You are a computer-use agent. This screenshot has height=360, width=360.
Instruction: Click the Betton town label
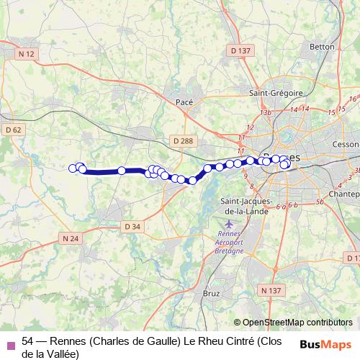321,47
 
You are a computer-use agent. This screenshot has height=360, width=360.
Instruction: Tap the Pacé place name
185,103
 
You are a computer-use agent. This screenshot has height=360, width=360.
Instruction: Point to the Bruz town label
212,294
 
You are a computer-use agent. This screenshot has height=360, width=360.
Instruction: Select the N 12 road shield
27,54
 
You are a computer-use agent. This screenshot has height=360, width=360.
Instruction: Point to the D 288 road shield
184,141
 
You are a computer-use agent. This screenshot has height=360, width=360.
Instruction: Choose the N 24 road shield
71,238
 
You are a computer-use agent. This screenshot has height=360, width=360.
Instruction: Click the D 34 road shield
132,226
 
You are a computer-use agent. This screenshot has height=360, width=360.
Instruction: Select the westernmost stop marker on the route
73,168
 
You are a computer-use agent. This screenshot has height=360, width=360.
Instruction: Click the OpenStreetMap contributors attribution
293,322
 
